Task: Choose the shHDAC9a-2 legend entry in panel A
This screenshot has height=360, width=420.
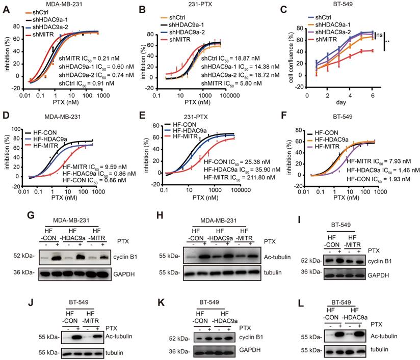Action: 45,28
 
